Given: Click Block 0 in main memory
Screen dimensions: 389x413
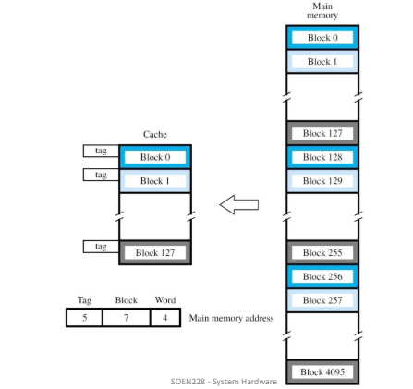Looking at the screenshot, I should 322,39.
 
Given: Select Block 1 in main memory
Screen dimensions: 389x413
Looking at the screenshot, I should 322,61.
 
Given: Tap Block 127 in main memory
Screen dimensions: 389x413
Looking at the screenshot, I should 322,132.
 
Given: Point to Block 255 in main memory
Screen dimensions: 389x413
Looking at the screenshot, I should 322,250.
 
